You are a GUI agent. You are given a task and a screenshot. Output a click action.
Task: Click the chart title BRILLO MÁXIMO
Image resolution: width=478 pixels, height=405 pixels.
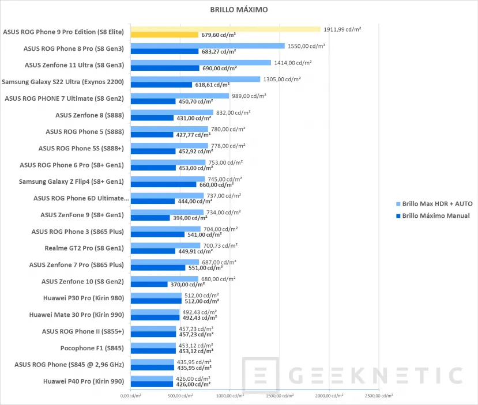[x=239, y=10]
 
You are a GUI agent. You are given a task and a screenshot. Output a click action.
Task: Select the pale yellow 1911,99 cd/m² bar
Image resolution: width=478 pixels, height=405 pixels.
[x=225, y=29]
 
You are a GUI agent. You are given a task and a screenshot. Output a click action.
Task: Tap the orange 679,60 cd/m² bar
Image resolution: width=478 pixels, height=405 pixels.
[x=164, y=35]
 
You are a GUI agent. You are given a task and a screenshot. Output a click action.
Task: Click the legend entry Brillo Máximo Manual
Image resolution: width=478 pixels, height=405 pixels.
[x=436, y=215]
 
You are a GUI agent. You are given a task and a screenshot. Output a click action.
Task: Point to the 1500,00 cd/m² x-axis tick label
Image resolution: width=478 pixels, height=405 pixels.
[x=280, y=396]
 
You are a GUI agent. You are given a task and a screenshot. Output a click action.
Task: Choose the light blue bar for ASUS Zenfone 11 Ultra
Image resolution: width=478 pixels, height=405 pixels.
[x=201, y=62]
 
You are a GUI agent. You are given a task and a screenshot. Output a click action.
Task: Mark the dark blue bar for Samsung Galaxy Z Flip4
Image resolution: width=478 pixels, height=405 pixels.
[x=163, y=185]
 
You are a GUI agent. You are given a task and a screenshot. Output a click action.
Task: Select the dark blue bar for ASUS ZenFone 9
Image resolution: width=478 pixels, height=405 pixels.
[x=150, y=218]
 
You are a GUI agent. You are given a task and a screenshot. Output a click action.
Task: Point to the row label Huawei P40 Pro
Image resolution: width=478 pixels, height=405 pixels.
[x=84, y=381]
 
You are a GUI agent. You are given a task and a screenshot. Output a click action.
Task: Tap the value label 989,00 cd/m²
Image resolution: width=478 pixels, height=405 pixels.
[x=251, y=95]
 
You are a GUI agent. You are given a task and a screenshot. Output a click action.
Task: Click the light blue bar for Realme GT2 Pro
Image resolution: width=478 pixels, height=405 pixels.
[x=165, y=245]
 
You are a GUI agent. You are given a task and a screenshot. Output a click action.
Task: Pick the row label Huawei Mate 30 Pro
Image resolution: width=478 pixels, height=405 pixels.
[x=77, y=315]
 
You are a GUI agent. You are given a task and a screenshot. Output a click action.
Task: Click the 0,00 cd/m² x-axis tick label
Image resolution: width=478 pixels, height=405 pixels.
[x=131, y=396]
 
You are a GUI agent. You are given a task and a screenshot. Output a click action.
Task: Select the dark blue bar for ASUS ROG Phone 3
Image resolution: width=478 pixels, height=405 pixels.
[x=157, y=234]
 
